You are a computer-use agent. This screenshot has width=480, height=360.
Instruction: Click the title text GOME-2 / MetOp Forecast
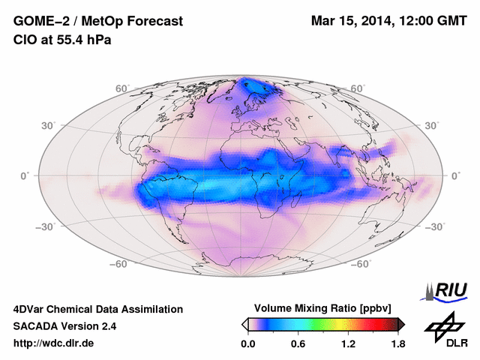click(98, 22)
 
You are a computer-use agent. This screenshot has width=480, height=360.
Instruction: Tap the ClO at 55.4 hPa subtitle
click(62, 40)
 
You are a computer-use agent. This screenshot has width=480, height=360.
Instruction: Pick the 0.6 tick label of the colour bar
click(298, 343)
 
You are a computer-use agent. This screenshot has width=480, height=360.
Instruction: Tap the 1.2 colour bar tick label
click(348, 343)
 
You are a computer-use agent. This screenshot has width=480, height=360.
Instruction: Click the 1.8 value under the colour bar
click(397, 343)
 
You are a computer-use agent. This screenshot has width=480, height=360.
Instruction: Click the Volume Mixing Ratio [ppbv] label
click(323, 308)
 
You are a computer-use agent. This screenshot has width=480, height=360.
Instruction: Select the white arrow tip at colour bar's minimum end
click(244, 324)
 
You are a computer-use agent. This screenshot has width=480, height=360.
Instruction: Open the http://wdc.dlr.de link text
click(54, 343)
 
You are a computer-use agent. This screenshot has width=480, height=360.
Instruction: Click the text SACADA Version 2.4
click(65, 326)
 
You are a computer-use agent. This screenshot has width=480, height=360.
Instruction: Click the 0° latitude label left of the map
click(25, 175)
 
